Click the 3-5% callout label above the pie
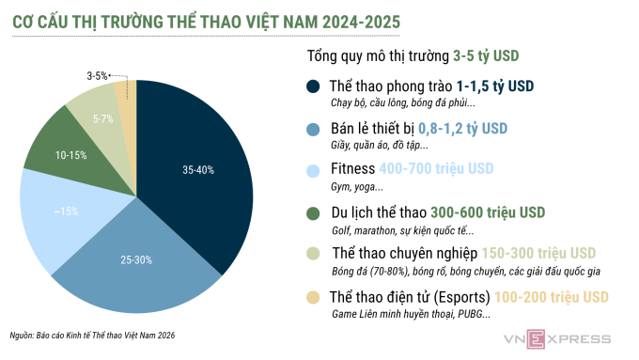pos(97,74)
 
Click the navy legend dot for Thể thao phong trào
pos(314,86)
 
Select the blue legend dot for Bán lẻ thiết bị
pos(314,129)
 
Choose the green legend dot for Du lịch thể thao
pos(314,212)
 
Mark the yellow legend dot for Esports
pos(314,297)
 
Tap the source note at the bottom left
pos(93,336)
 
